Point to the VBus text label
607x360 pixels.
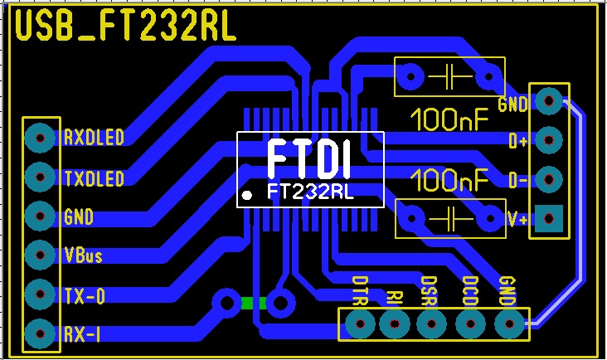click(x=83, y=255)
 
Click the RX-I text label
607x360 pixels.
click(x=82, y=334)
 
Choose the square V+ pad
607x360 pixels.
click(x=548, y=218)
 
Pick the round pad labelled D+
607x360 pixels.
click(x=548, y=140)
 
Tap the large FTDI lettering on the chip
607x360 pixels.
click(x=309, y=158)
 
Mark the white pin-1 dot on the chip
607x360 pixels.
click(x=247, y=196)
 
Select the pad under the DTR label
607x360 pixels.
click(x=359, y=324)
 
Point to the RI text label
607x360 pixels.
click(x=394, y=297)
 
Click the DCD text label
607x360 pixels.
click(x=469, y=292)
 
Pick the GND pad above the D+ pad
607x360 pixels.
click(x=548, y=101)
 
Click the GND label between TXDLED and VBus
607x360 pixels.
click(x=78, y=217)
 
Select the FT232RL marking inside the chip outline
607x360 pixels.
click(x=310, y=192)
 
